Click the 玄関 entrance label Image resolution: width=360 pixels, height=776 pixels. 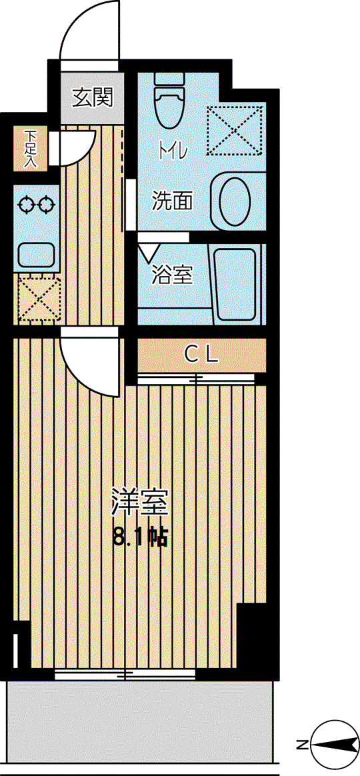point(92,97)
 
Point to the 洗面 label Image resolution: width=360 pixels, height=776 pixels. point(171,201)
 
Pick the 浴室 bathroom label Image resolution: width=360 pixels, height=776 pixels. point(171,275)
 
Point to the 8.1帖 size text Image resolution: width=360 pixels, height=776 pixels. point(140,536)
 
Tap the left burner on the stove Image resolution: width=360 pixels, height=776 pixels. point(25,204)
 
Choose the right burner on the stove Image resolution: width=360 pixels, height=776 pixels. point(45,204)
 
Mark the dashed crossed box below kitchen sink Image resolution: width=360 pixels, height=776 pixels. point(39,300)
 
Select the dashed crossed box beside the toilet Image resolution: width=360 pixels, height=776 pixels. point(234,129)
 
